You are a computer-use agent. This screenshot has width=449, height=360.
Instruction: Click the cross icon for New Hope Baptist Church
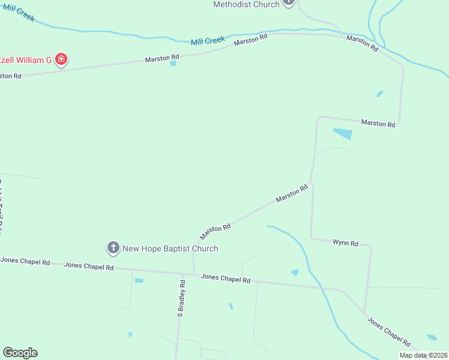pos(113,247)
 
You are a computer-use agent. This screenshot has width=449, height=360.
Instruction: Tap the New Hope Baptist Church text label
pos(170,248)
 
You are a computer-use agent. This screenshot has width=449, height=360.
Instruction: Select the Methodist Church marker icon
pos(289,2)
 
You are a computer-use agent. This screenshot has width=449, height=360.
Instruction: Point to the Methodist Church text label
pos(247,4)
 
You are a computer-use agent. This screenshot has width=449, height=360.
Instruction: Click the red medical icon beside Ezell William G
pos(61,59)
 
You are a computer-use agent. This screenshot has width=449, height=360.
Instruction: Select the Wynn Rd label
pos(345,243)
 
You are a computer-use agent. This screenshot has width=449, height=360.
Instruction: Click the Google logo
pos(20,353)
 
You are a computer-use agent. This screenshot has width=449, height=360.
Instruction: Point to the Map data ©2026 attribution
pos(423,355)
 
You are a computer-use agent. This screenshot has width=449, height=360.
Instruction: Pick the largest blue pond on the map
pos(343,134)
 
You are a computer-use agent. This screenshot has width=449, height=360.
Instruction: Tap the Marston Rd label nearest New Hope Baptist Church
pos(215,232)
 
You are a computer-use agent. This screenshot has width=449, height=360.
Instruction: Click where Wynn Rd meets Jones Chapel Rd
pos(364,312)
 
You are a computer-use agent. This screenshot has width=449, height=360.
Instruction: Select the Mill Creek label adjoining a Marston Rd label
pos(208,41)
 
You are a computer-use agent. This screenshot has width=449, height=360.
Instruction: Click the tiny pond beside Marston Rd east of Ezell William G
pos(173,63)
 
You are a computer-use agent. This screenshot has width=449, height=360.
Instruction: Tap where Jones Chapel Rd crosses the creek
pos(324,289)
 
